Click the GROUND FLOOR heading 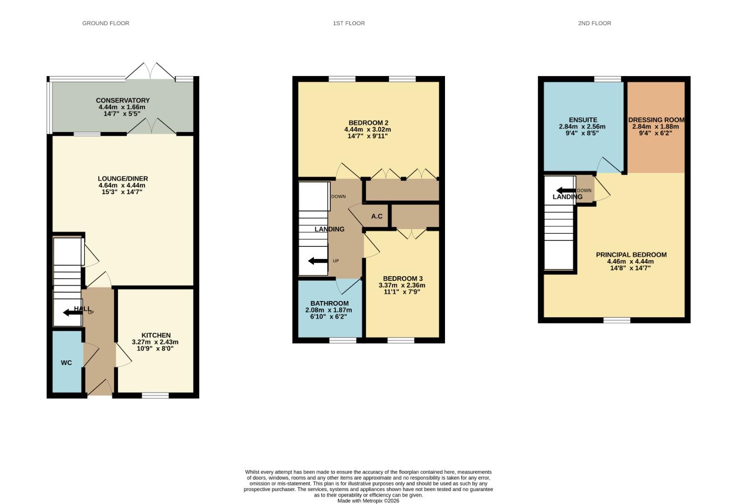click(x=105, y=23)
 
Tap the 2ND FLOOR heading click(x=594, y=23)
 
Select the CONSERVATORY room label click(x=123, y=100)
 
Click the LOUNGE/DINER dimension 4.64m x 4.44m click(x=122, y=185)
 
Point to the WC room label click(x=66, y=363)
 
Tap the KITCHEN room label click(x=156, y=335)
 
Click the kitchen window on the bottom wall click(x=155, y=395)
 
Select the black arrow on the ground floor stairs click(x=72, y=312)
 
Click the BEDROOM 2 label click(x=368, y=123)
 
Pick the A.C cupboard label click(x=376, y=216)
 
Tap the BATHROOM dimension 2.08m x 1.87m click(x=328, y=310)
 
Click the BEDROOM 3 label click(x=403, y=279)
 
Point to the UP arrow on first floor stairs click(x=318, y=261)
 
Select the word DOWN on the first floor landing click(x=338, y=196)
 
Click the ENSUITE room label click(x=583, y=120)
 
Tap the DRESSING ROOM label click(x=656, y=120)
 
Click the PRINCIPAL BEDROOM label click(x=631, y=255)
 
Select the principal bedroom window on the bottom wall click(x=617, y=320)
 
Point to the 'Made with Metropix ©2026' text click(x=368, y=501)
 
